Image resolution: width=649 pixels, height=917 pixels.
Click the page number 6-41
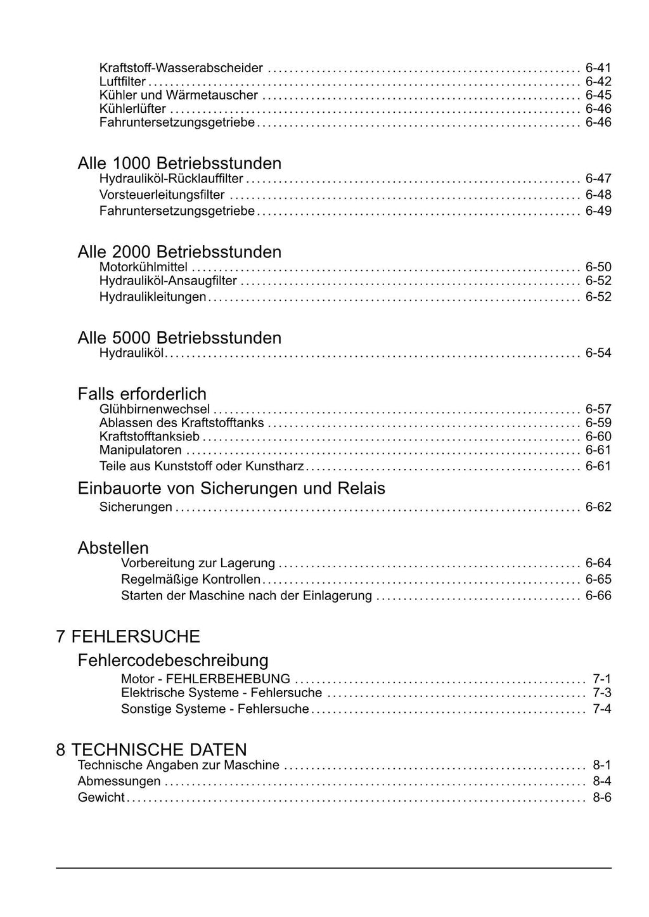(598, 68)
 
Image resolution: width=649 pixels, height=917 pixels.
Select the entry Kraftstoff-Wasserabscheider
(181, 68)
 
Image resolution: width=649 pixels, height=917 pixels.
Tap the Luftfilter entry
(122, 82)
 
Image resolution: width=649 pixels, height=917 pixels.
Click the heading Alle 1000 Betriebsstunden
(179, 164)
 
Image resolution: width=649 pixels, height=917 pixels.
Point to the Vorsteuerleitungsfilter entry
(162, 195)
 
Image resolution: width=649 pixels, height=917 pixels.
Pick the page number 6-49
(598, 211)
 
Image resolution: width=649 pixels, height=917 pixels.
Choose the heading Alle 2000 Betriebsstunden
(179, 252)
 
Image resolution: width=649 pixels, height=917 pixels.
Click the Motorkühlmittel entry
(143, 267)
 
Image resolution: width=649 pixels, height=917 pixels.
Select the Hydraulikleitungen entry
(153, 297)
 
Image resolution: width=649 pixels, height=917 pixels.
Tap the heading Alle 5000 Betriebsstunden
(179, 338)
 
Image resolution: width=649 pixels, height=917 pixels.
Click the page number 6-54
(598, 353)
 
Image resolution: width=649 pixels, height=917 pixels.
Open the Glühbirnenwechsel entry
(155, 409)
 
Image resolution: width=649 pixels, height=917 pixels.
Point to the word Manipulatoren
(141, 451)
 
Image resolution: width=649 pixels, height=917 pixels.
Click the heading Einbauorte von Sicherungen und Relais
(231, 489)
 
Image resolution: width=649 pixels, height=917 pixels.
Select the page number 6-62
(598, 508)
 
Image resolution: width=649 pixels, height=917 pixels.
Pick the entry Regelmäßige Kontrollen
(191, 579)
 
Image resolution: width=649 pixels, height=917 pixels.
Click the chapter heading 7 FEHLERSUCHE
(128, 636)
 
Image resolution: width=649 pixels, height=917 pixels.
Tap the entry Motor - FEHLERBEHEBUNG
(205, 679)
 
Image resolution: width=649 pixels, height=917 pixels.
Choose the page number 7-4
(602, 709)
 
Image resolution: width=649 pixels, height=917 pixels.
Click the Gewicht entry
(101, 798)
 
